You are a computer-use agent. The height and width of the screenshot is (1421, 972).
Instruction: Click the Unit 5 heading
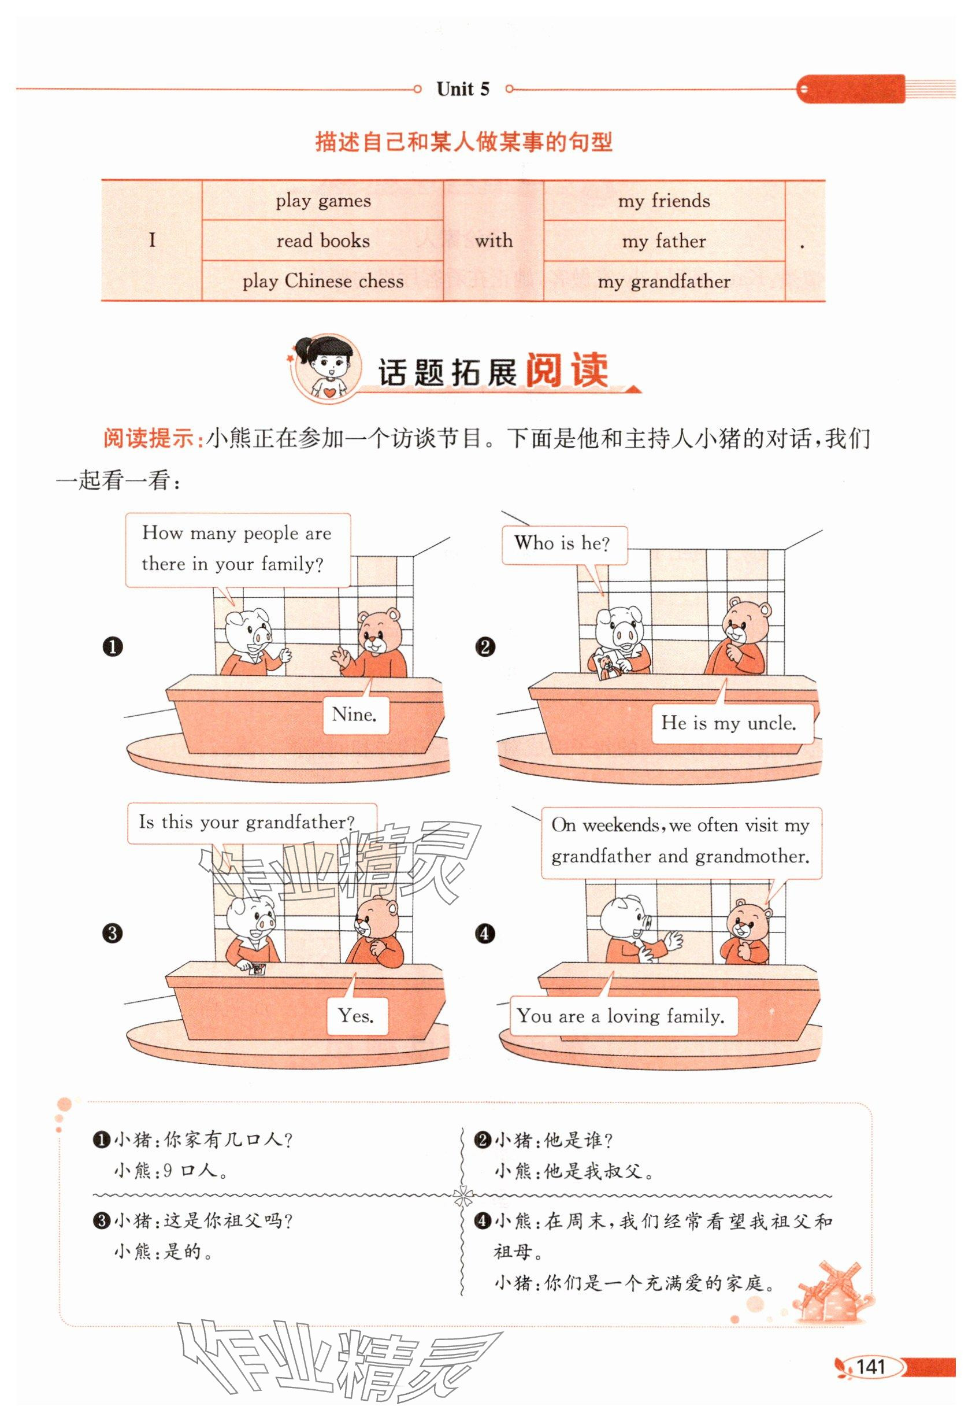click(x=463, y=89)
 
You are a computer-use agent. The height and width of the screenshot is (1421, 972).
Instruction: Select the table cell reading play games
click(x=323, y=201)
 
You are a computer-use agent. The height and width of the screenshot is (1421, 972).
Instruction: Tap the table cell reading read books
click(x=323, y=241)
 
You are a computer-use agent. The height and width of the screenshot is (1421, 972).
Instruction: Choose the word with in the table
click(x=494, y=241)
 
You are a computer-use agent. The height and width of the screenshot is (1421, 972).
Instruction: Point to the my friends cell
click(x=664, y=201)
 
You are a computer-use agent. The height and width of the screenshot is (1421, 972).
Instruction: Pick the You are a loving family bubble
click(x=622, y=1016)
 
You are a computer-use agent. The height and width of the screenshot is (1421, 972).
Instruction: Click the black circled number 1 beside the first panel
click(x=113, y=646)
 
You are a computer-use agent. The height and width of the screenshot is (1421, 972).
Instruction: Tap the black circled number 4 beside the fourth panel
click(x=485, y=934)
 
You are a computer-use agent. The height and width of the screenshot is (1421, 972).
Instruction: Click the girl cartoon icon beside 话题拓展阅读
click(x=327, y=367)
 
